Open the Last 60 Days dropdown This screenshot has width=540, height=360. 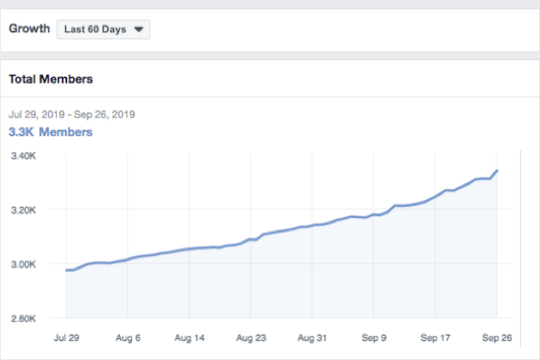click(103, 29)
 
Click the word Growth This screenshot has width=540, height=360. click(28, 29)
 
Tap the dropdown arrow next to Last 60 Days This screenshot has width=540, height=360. click(138, 29)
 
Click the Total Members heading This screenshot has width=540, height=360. click(51, 79)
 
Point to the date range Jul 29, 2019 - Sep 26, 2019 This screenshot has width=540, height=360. click(71, 114)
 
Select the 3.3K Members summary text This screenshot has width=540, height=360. click(51, 132)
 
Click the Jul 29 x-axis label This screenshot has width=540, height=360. click(66, 336)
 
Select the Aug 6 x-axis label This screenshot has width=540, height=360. click(128, 336)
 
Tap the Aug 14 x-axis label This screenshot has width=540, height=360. click(189, 336)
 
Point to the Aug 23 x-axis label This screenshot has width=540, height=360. click(251, 336)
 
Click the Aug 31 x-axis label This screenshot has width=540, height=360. click(312, 336)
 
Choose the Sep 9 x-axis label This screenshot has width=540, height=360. click(373, 336)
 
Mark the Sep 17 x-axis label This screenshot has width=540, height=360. click(435, 336)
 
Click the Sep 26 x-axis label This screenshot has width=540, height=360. click(496, 336)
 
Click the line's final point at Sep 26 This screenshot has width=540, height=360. click(496, 171)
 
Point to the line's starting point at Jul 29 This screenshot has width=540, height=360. click(66, 270)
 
